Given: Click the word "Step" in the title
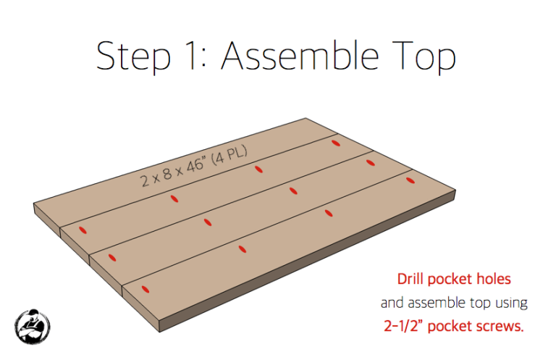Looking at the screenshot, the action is tap(133, 56).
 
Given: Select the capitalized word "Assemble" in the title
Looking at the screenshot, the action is tap(300, 55).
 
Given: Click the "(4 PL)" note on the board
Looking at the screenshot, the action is tap(229, 155).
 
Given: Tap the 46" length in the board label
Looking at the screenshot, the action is tap(195, 166).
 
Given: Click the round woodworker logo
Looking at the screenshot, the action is tap(33, 326).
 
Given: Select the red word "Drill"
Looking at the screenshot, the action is tap(410, 279).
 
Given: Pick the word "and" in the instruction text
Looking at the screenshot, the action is tap(392, 303).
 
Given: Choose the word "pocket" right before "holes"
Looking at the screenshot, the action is tap(450, 280).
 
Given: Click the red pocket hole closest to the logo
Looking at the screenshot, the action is tap(145, 289).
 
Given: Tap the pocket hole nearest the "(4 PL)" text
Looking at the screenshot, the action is tap(259, 169).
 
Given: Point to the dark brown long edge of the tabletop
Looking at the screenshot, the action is tap(308, 261).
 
